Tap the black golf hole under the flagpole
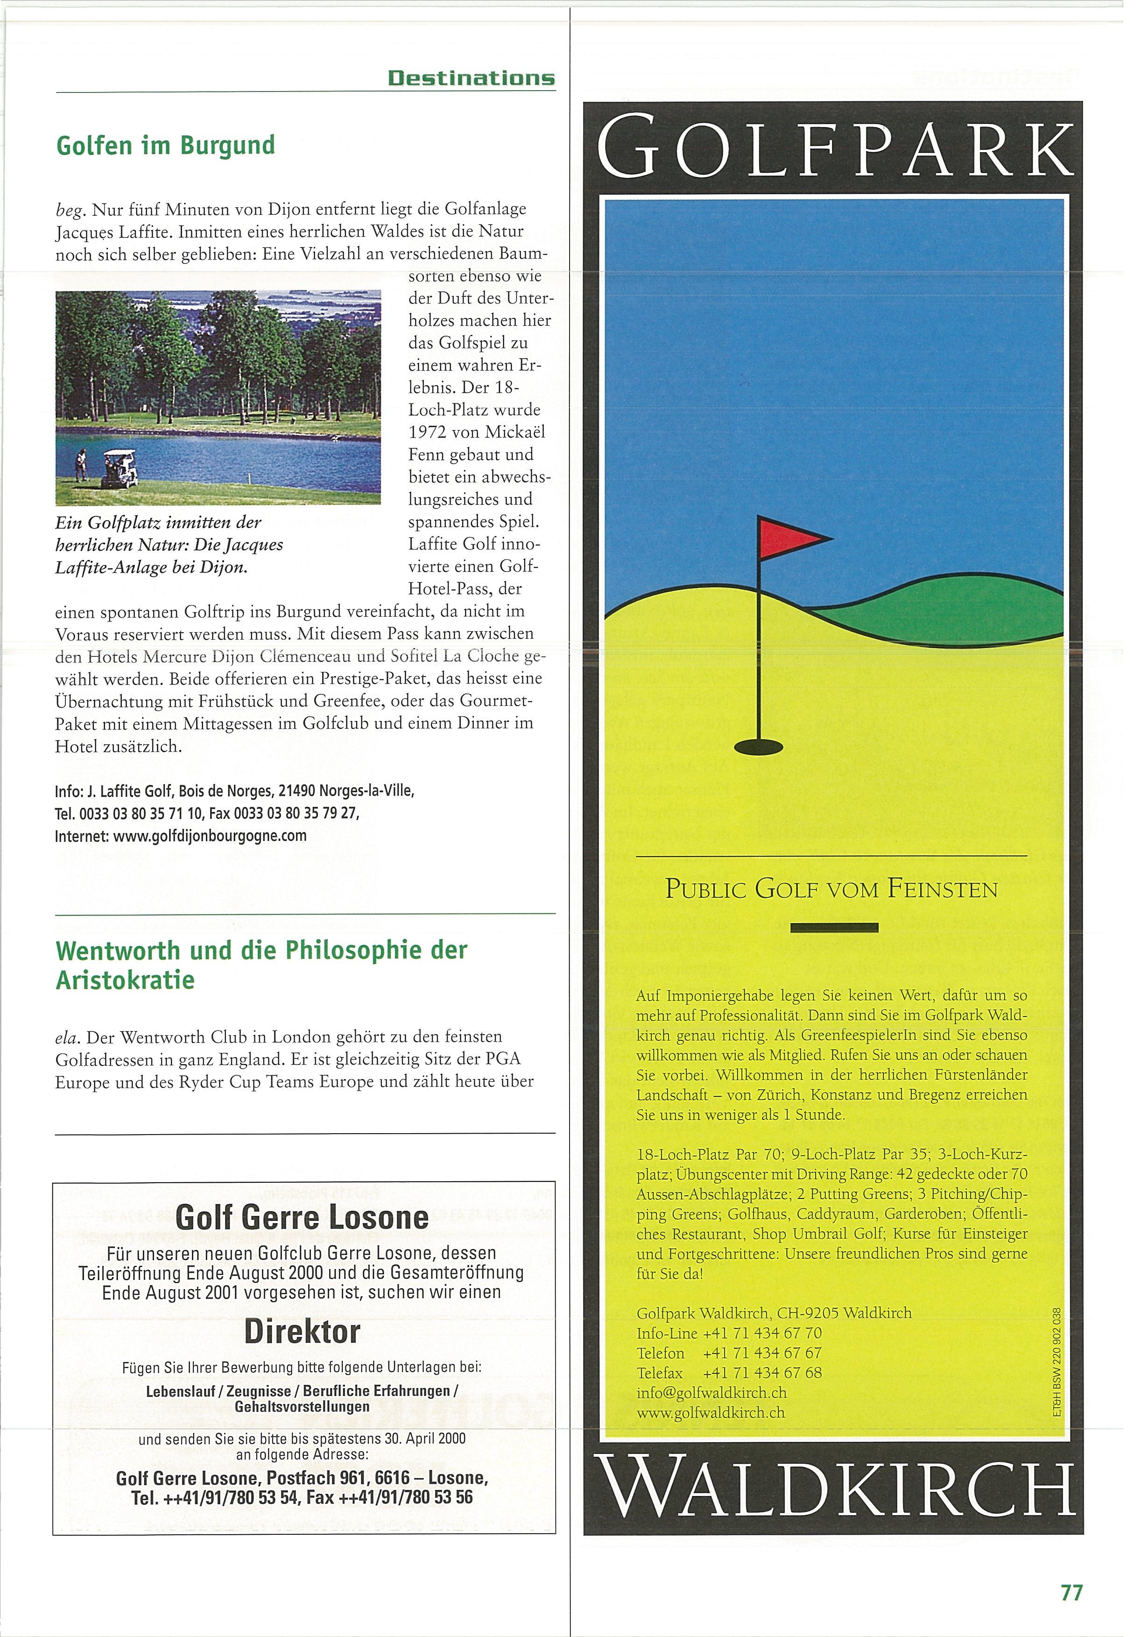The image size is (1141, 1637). coord(758,747)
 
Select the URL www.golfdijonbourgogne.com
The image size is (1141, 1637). coord(210,836)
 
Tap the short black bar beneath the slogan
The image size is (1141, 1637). coord(834,928)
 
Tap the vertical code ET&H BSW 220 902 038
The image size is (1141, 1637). coord(1057,1363)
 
